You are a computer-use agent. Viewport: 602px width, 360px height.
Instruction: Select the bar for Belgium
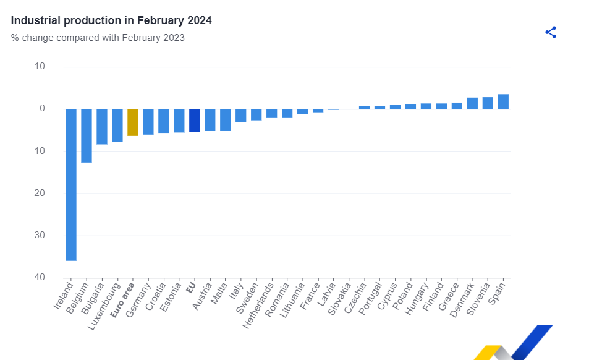point(87,135)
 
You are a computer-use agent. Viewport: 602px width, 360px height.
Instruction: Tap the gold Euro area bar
point(133,122)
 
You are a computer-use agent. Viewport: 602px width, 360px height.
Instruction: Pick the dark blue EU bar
point(194,120)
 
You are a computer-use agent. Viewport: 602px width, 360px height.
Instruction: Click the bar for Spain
point(503,101)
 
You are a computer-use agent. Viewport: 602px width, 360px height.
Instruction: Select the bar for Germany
point(148,121)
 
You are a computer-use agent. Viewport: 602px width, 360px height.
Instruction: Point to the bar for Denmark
point(472,103)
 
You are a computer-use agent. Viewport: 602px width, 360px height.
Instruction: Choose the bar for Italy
point(241,115)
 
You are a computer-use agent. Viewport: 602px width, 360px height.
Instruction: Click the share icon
point(551,32)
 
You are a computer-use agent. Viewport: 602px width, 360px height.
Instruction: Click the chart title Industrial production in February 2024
point(111,20)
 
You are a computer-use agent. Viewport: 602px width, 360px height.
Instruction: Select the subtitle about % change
point(98,38)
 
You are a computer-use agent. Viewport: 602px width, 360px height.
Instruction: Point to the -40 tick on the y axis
point(38,277)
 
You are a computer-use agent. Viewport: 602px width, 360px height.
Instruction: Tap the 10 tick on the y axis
point(40,66)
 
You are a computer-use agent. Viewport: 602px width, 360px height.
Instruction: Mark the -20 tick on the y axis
point(38,193)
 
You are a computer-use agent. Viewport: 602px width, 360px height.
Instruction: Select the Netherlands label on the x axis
point(259,306)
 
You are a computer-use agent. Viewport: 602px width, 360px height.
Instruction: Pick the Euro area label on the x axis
point(123,300)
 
